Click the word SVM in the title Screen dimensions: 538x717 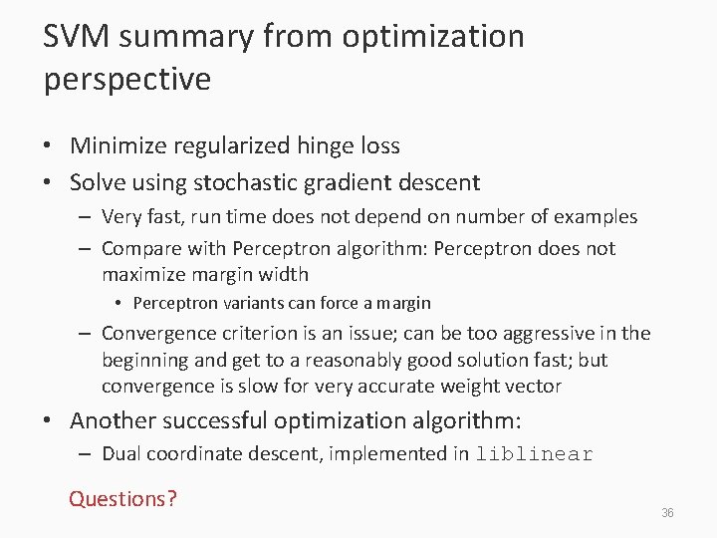[x=80, y=37]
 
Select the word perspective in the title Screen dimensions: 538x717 [x=126, y=79]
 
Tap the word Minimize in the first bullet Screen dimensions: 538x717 [x=119, y=145]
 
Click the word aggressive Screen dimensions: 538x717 [x=527, y=333]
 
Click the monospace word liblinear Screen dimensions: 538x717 [x=534, y=455]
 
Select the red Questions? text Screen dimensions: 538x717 [x=122, y=498]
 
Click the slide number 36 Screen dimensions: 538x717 [x=667, y=513]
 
